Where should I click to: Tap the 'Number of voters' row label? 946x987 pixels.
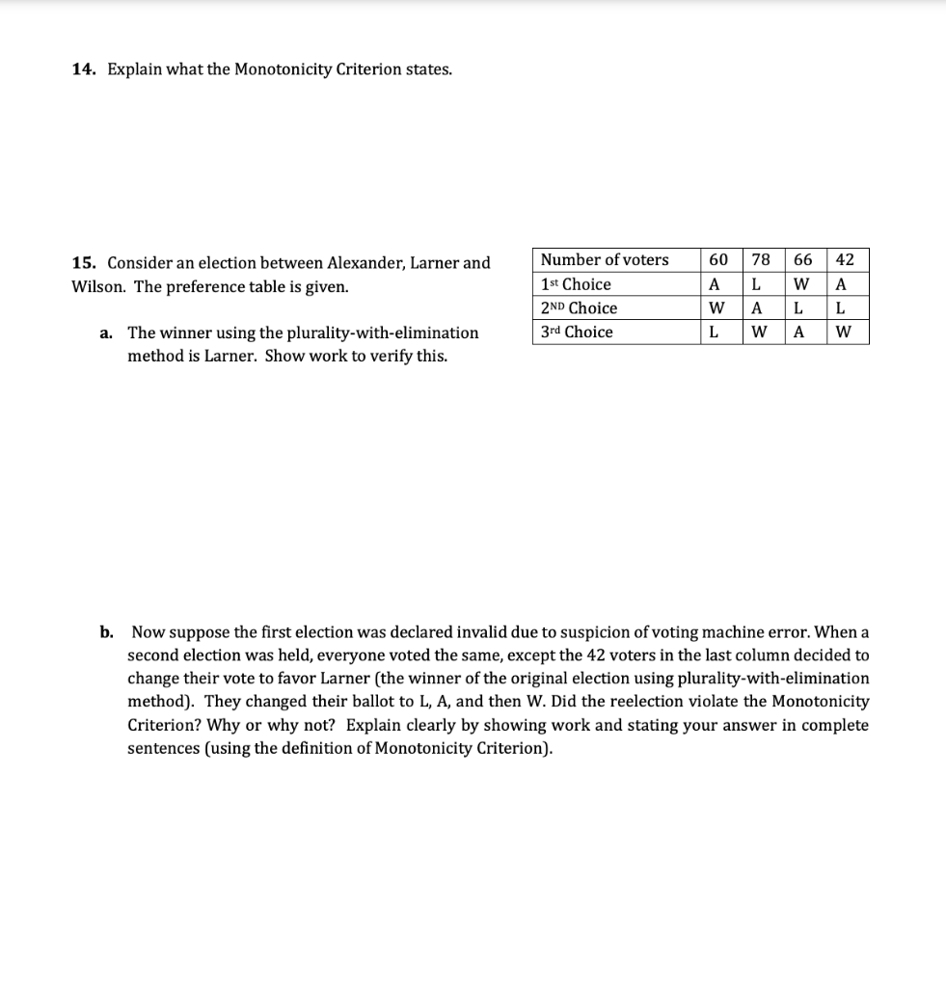(605, 259)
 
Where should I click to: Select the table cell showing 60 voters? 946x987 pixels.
(718, 259)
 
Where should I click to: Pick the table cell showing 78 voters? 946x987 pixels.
(761, 259)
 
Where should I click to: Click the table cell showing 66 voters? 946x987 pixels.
(802, 259)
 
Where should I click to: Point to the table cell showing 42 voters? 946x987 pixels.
(845, 259)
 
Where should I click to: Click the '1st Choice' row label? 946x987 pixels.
(576, 284)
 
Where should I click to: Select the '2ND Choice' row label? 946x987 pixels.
(579, 308)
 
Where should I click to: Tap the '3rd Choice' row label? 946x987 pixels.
(577, 333)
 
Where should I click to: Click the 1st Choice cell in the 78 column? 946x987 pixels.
(758, 284)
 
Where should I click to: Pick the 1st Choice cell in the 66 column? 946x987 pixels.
(801, 284)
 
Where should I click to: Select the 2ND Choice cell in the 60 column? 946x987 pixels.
(716, 308)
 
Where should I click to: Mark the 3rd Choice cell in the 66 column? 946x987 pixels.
(800, 333)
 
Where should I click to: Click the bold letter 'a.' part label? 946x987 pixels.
(106, 333)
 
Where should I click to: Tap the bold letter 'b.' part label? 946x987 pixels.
(107, 632)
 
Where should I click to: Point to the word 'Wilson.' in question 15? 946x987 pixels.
(100, 286)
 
